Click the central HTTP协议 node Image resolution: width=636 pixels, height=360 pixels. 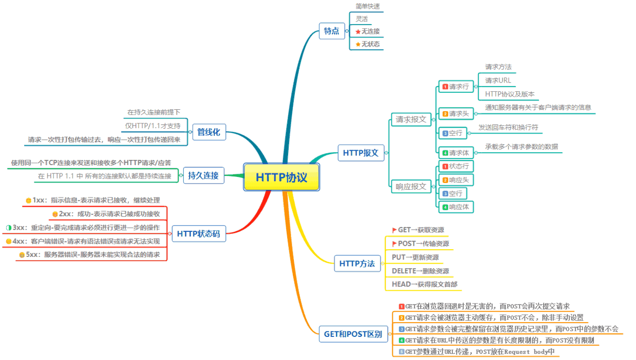point(282,177)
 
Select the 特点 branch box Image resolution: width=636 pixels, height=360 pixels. point(332,31)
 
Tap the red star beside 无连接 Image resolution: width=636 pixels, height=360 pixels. point(358,31)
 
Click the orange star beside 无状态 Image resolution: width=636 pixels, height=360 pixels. point(358,44)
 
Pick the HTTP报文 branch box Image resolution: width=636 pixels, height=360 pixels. point(361,153)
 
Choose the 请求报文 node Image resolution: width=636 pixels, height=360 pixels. point(411,119)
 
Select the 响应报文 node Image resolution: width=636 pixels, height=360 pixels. point(411,187)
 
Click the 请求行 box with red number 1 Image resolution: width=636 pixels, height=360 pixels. point(456,86)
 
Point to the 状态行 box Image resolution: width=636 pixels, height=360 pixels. point(456,166)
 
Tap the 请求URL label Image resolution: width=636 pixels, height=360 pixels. point(498,81)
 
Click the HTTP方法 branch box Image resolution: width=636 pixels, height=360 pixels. point(357,264)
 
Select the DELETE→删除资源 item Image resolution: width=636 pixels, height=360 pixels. point(420,271)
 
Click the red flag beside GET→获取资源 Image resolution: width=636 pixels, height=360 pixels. point(394,230)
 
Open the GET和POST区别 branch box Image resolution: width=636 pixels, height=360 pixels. point(353,334)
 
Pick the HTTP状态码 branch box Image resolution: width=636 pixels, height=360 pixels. point(199,234)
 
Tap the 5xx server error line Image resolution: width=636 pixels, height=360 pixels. point(90,255)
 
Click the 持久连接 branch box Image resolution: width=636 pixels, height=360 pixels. point(203,175)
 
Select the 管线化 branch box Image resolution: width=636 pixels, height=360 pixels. point(209,132)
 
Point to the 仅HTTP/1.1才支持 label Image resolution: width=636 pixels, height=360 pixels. point(153,126)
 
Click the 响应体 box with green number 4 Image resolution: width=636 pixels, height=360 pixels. point(456,207)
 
